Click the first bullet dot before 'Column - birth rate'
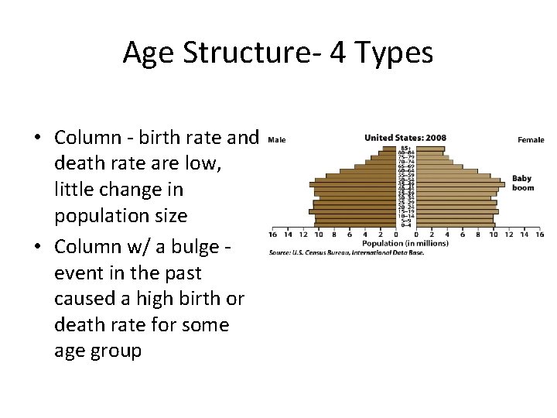(37, 139)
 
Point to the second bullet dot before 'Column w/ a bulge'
(37, 248)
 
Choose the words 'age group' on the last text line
(97, 350)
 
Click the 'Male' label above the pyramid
(276, 140)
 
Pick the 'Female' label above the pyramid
(531, 140)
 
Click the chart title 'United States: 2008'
(405, 139)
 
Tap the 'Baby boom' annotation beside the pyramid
(523, 183)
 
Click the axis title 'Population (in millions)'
(404, 243)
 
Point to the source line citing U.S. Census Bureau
(346, 252)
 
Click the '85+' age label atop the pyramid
(405, 148)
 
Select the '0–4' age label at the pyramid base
(405, 224)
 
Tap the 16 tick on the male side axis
(273, 234)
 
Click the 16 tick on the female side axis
(538, 234)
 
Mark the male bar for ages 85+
(389, 148)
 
